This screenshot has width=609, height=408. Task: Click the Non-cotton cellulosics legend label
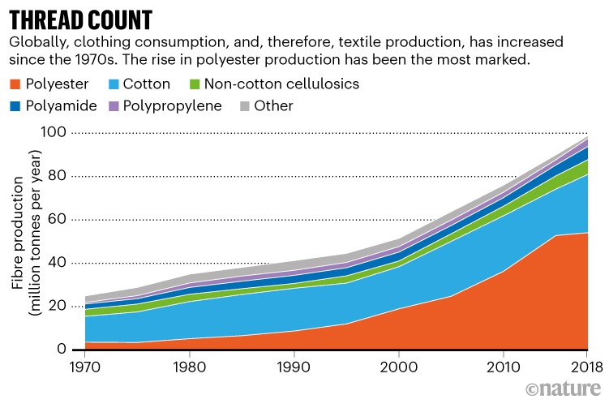pos(281,84)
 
